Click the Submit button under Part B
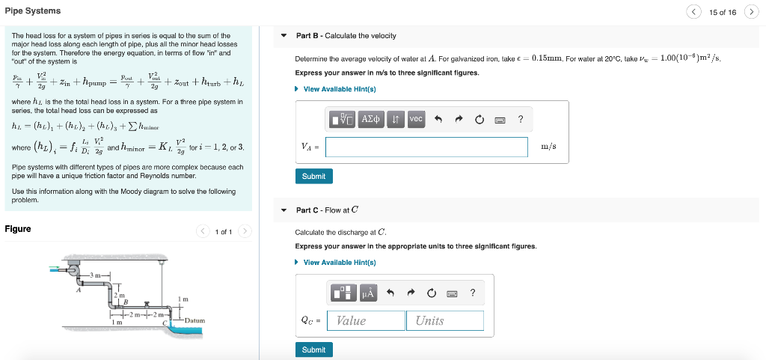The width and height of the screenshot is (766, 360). point(313,177)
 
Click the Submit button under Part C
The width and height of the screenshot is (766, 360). point(313,350)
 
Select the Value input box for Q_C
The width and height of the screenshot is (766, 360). point(367,320)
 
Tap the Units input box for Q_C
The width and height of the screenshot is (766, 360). point(445,320)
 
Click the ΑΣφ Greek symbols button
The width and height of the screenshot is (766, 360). point(371,119)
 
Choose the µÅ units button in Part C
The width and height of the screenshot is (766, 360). point(368,293)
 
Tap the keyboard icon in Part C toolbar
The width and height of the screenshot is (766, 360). point(452,293)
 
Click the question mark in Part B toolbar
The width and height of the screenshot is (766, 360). point(521,119)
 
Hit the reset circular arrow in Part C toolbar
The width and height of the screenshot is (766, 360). point(431,293)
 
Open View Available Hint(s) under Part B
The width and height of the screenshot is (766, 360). point(339,89)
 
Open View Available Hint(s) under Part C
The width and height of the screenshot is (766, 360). point(339,262)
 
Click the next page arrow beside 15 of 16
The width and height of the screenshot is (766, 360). point(752,12)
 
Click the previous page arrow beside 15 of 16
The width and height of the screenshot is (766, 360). point(695,12)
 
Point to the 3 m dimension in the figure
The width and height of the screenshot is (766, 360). point(96,277)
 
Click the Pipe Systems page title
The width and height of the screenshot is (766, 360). point(33,11)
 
